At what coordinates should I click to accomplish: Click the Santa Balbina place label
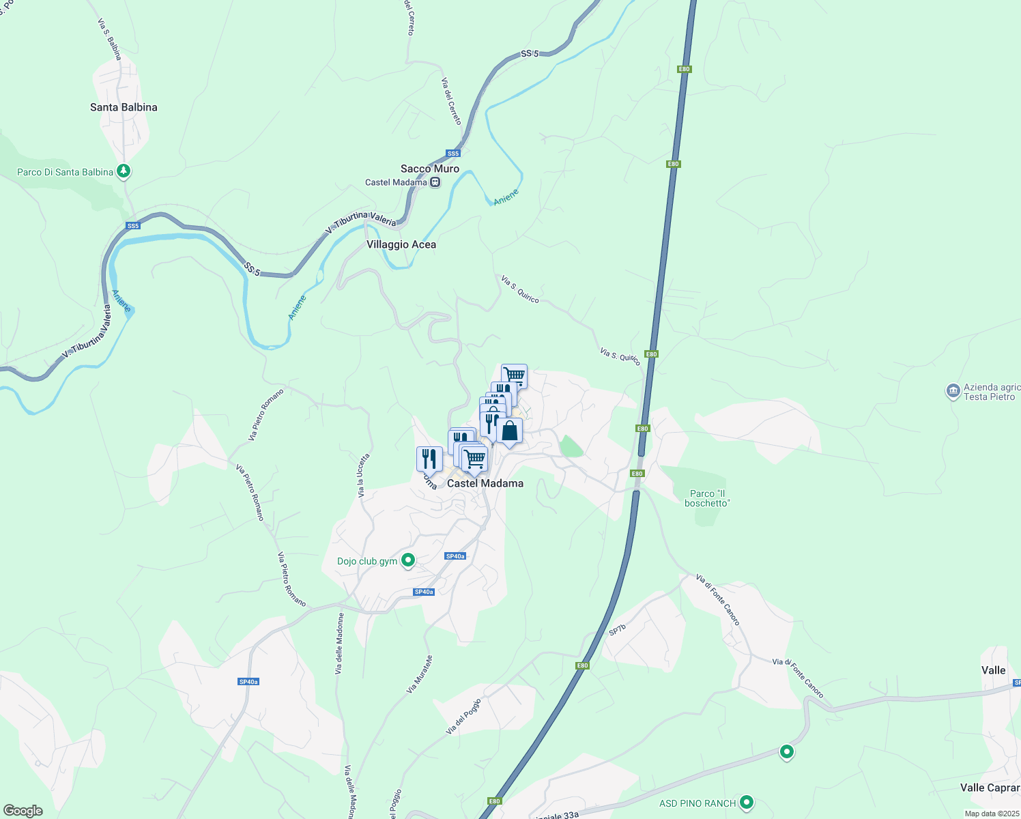(124, 107)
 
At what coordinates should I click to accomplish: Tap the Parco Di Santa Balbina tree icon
(124, 171)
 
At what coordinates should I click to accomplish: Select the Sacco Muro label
(429, 169)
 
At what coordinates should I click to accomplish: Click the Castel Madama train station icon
(435, 182)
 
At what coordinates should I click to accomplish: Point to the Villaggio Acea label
(401, 244)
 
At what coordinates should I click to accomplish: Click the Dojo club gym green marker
(408, 560)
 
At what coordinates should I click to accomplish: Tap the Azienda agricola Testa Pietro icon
(953, 391)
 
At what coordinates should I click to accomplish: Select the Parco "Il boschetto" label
(707, 498)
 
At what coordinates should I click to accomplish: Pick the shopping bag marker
(509, 431)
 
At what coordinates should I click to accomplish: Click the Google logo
(23, 811)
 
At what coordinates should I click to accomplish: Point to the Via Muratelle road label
(420, 674)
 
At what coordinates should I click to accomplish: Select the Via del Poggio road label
(463, 716)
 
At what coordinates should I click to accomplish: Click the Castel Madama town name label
(485, 483)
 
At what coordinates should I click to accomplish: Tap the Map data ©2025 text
(991, 814)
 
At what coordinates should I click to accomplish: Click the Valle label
(993, 670)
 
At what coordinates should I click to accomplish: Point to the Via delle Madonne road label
(339, 644)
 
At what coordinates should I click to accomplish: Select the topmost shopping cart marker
(514, 375)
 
